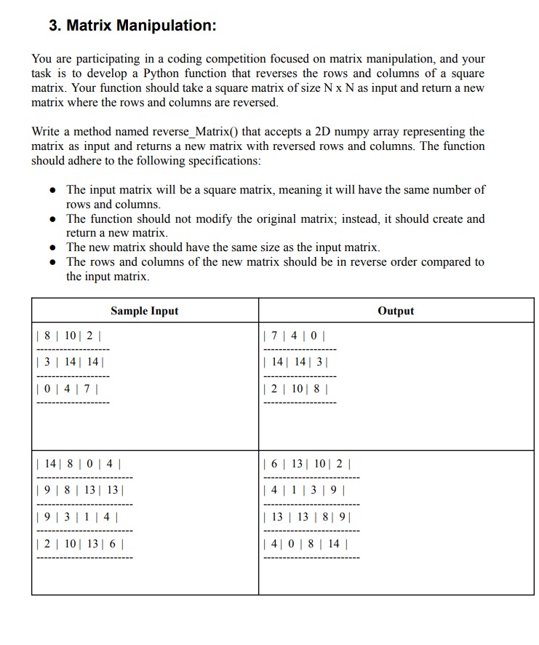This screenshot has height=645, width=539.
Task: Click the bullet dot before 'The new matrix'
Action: pos(54,248)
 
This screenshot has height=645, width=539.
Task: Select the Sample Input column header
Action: pos(144,311)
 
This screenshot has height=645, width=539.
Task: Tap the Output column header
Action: pos(396,311)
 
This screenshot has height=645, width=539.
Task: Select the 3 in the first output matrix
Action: pos(320,361)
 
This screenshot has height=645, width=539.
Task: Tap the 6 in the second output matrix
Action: pos(273,463)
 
